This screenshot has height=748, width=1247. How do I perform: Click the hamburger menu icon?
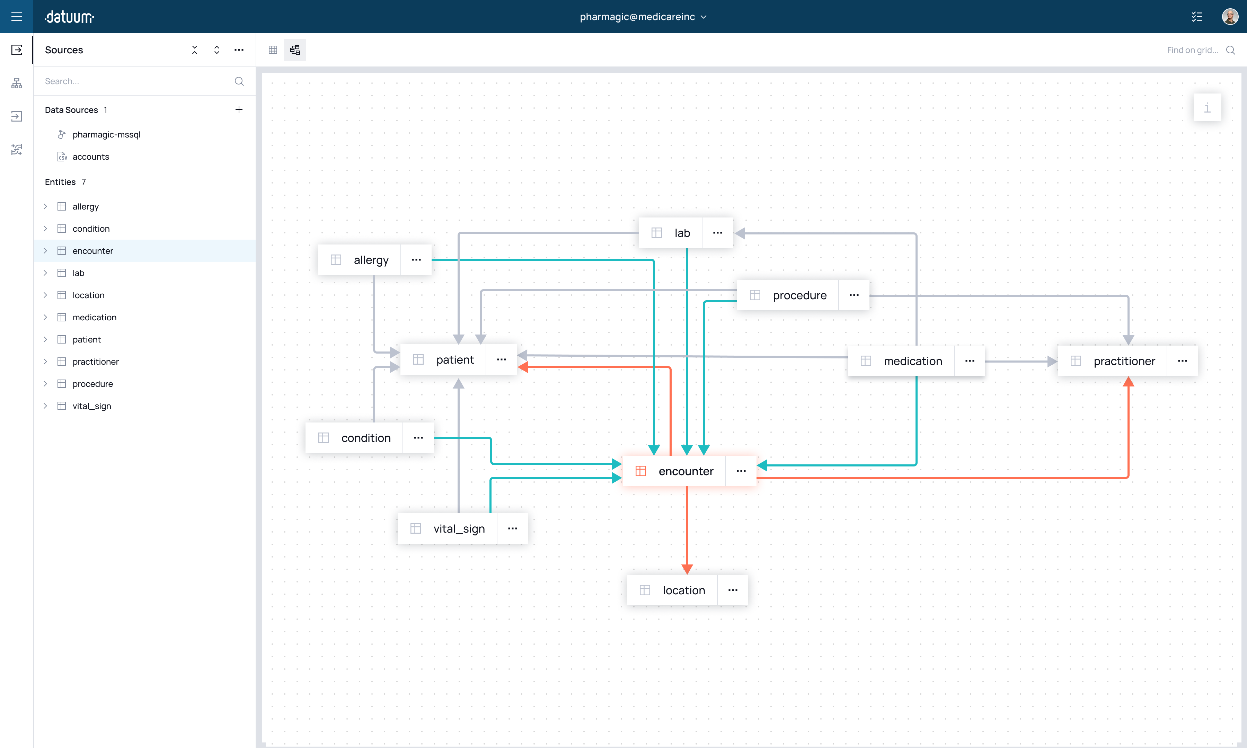(x=17, y=17)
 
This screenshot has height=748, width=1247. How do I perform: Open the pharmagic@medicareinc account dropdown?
(x=643, y=17)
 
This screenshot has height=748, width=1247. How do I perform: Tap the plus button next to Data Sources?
(x=239, y=109)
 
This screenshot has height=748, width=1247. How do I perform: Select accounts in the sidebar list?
(x=91, y=157)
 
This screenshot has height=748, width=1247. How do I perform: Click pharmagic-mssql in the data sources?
(x=106, y=135)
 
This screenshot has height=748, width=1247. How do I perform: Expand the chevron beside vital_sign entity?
(x=45, y=406)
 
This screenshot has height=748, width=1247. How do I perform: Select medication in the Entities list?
(x=94, y=317)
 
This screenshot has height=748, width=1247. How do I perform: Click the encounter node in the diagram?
(x=686, y=471)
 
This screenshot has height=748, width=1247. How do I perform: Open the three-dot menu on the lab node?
(x=717, y=233)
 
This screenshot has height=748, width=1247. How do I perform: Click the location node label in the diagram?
(x=683, y=590)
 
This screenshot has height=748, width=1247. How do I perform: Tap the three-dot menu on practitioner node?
(x=1182, y=361)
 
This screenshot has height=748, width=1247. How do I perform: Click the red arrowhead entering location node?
(x=687, y=569)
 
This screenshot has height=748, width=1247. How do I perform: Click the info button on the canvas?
(x=1207, y=107)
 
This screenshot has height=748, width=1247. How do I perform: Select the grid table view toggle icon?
(x=273, y=50)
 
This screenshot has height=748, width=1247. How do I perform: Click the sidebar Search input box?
(x=136, y=81)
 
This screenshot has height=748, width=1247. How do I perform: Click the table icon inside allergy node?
(x=336, y=260)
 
